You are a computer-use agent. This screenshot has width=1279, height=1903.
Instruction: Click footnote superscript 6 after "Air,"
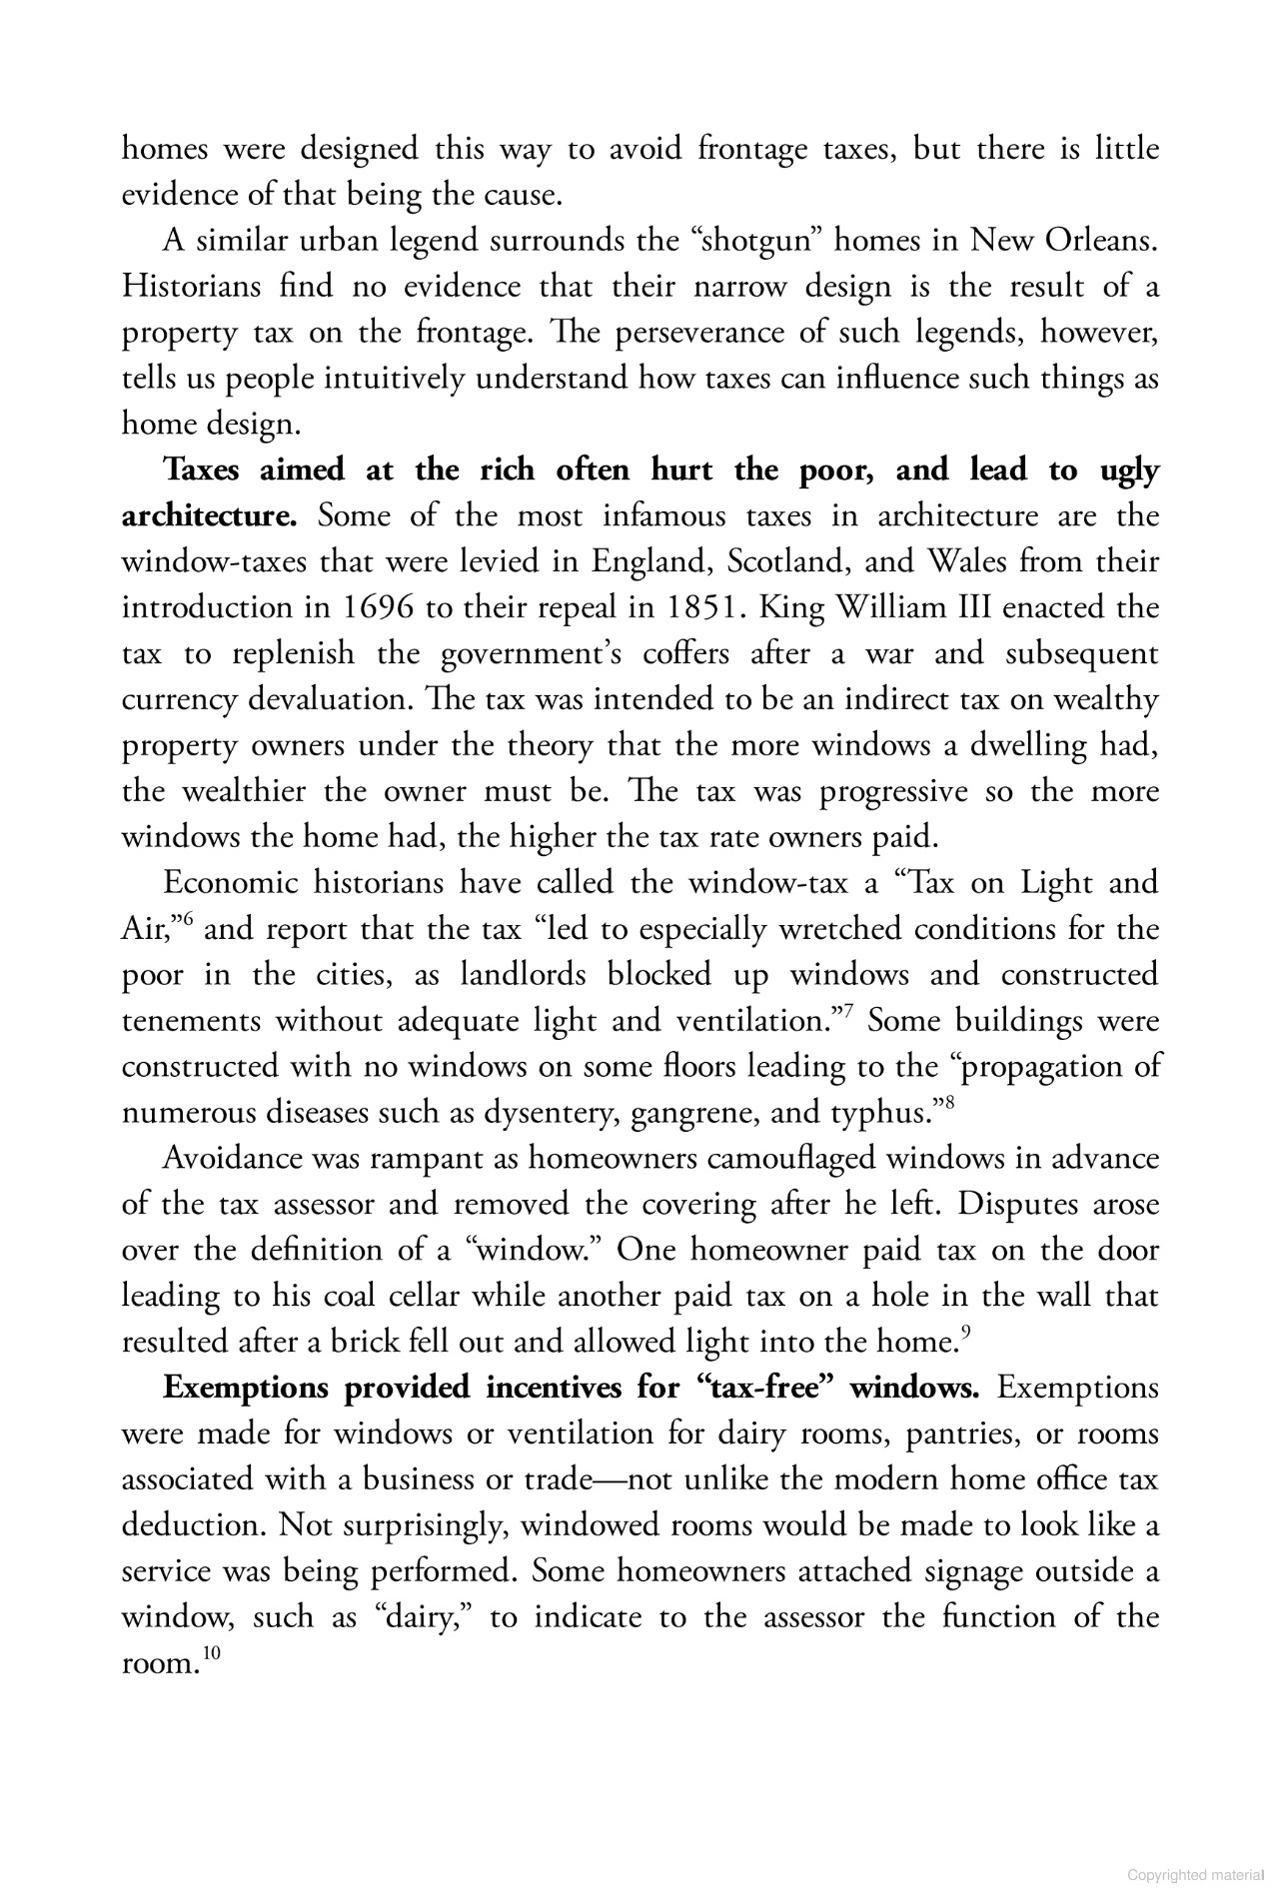(187, 920)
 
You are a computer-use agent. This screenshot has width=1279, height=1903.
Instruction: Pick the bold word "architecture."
(210, 516)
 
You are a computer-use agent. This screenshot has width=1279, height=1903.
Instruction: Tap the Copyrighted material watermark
(1195, 1876)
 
